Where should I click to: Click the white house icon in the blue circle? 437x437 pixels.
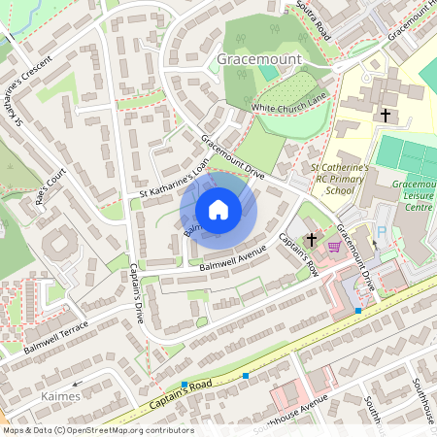tap(218, 210)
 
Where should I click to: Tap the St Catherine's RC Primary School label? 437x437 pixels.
tap(340, 179)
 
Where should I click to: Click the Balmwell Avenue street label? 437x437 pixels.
tap(232, 260)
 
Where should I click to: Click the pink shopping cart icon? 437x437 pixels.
tap(335, 246)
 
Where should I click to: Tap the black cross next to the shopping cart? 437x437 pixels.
tap(313, 239)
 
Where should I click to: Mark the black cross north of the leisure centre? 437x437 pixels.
tap(386, 116)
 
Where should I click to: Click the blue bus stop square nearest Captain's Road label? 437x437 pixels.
tap(185, 386)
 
